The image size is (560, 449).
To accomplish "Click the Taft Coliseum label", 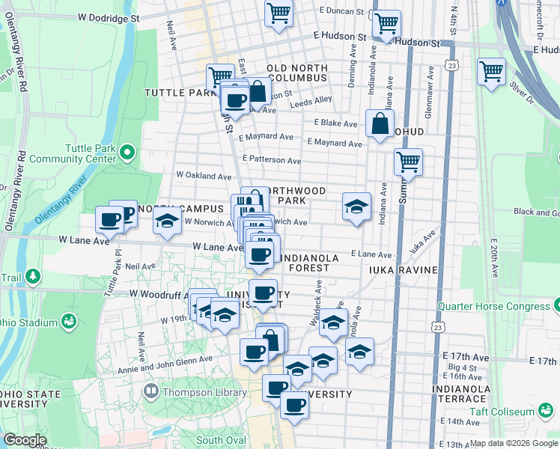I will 505,412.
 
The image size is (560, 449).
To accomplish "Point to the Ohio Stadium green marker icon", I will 69,322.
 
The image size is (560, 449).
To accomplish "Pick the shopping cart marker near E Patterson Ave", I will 408,160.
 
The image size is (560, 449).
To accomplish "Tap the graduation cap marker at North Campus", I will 167,220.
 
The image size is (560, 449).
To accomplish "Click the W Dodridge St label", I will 109,16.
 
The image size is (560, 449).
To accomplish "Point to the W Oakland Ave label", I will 204,175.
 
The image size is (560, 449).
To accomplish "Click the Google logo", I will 25,440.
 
